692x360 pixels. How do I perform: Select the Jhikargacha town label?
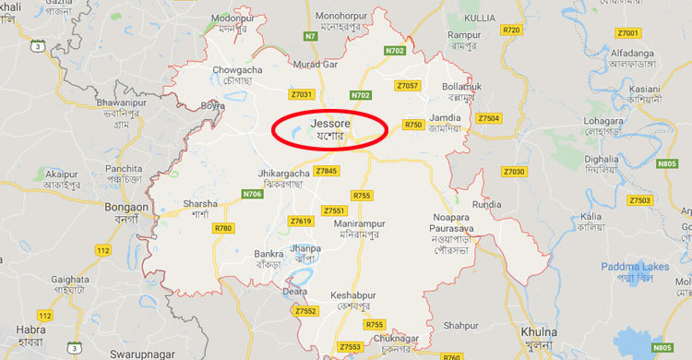coord(281,173)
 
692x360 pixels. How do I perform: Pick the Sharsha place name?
coord(200,203)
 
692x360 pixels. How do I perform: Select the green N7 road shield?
coord(311,36)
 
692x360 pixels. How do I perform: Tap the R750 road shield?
coord(413,125)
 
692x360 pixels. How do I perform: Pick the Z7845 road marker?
coord(327,171)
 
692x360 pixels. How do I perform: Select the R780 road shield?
coord(222,228)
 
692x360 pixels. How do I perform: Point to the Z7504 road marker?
coord(488,118)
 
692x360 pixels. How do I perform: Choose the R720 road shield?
coord(512,30)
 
